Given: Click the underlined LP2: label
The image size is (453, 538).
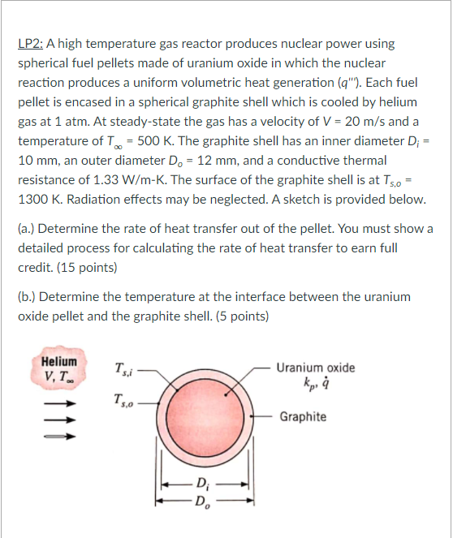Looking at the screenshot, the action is pyautogui.click(x=33, y=44).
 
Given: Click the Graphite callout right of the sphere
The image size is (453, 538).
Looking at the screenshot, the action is pyautogui.click(x=303, y=416).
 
